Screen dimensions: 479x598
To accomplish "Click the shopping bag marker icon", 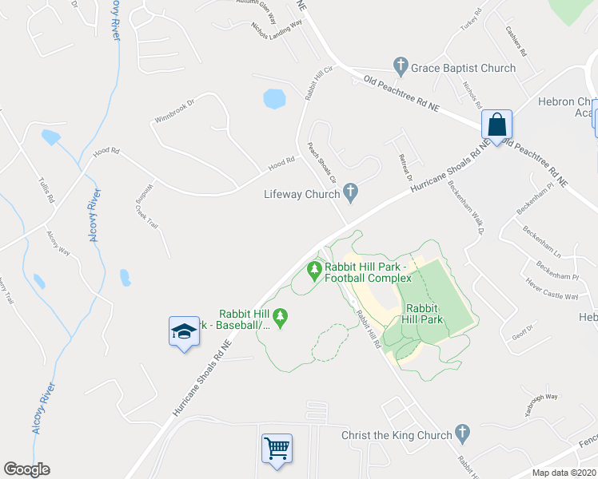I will click(496, 126).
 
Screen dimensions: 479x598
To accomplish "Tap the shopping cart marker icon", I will click(277, 448).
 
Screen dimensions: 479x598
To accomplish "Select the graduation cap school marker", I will click(183, 331).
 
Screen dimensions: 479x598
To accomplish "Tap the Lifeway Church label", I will click(301, 194).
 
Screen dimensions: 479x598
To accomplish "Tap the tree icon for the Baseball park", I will click(280, 319).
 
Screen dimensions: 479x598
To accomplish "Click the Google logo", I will click(26, 469).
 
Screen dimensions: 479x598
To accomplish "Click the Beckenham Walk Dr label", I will click(467, 213).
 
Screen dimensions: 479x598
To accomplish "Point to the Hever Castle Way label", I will click(552, 290).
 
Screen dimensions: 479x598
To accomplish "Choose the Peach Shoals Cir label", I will click(322, 162).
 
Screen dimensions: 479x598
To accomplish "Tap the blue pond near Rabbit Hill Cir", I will click(274, 98).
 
